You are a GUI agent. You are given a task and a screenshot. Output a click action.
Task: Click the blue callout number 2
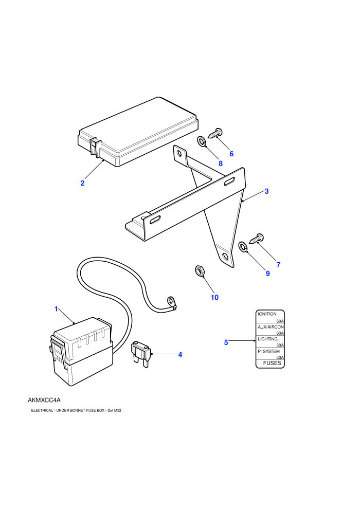click(82, 183)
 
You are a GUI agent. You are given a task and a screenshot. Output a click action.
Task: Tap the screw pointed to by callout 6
click(214, 133)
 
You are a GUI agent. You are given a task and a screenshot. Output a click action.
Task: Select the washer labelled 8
click(201, 141)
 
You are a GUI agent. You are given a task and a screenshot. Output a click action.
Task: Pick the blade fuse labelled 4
click(141, 354)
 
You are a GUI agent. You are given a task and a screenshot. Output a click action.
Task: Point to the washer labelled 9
click(243, 246)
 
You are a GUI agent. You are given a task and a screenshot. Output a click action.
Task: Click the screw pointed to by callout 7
click(256, 239)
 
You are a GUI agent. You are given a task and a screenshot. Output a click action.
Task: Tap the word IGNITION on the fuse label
click(267, 314)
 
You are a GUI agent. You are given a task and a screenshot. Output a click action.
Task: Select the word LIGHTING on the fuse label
click(267, 339)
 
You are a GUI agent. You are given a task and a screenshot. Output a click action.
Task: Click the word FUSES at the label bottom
click(272, 363)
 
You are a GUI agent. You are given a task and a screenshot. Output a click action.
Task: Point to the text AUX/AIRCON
click(271, 327)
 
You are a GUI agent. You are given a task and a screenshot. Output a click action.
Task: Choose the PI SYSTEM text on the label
click(268, 351)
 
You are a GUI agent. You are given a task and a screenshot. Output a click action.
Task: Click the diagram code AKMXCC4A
click(44, 400)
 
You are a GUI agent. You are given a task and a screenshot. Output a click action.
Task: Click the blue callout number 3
click(266, 191)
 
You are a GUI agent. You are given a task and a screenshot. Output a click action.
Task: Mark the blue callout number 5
click(226, 342)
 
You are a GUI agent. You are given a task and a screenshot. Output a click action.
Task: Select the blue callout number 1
click(56, 309)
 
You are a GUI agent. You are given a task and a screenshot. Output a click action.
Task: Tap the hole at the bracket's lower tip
click(225, 257)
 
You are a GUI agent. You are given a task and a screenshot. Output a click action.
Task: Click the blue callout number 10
click(214, 297)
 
